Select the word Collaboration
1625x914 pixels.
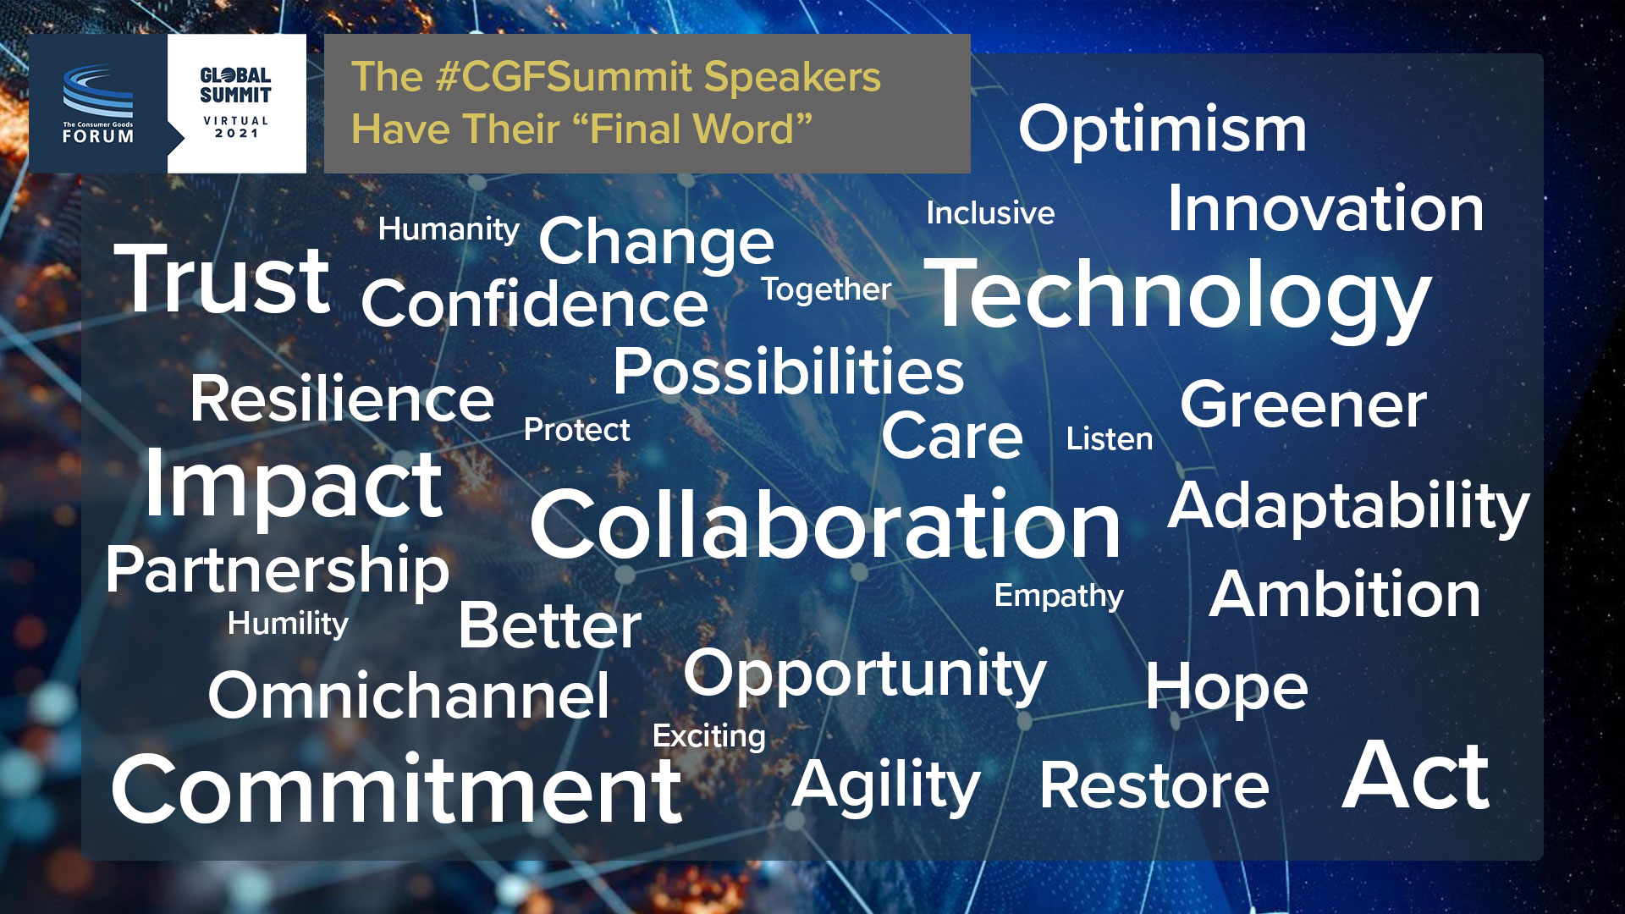[x=825, y=525]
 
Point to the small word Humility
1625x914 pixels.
[x=288, y=625]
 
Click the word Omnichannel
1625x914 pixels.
[x=409, y=696]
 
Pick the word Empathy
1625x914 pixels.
[x=1059, y=597]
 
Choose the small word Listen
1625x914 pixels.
[x=1110, y=439]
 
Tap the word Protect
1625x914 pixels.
[x=576, y=430]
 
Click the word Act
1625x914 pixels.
[x=1416, y=776]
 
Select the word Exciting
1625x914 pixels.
[x=709, y=737]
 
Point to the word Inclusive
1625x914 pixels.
[x=990, y=213]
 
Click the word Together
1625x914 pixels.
[x=826, y=290]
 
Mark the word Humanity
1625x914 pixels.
[x=449, y=229]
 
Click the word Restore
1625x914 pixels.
[x=1154, y=785]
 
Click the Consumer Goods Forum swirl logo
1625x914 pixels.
[x=98, y=91]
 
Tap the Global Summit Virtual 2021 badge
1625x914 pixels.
[x=236, y=103]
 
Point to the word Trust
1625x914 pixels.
[x=222, y=278]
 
